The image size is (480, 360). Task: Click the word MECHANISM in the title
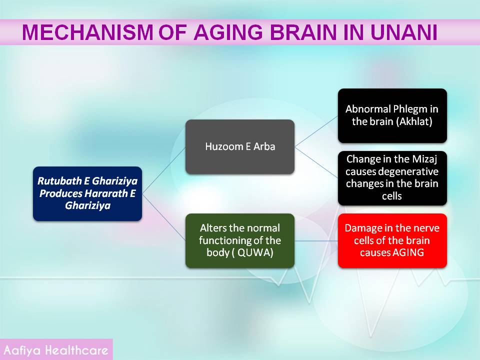87,32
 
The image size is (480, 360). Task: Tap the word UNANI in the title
404,32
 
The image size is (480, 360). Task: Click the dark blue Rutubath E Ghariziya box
87,193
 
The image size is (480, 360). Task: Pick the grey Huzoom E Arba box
240,146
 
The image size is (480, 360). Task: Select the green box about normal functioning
240,240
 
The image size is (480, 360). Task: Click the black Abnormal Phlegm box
392,115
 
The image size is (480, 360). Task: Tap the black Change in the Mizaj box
392,178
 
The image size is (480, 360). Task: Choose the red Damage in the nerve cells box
392,240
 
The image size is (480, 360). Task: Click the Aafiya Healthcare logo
56,349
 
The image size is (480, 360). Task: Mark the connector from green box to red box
316,241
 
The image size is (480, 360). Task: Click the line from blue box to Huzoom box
164,170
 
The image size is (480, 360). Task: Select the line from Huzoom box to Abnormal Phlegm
316,131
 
